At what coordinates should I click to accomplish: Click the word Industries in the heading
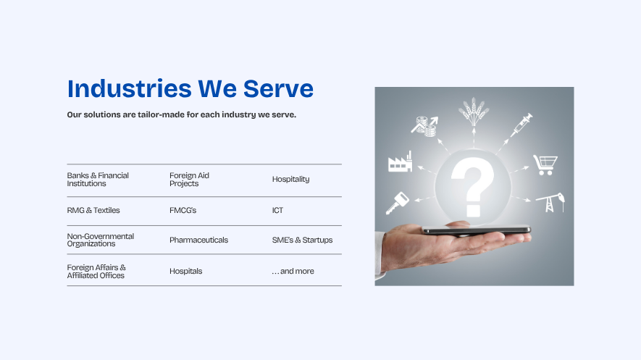point(129,88)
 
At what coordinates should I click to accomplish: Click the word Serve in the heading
point(278,88)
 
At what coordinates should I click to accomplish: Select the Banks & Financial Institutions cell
point(98,180)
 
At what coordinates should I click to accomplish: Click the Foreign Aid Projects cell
point(189,180)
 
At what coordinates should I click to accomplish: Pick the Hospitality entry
point(290,180)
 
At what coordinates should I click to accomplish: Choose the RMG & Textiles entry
point(93,211)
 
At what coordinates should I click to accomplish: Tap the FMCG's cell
point(183,211)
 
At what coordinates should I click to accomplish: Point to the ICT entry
point(277,211)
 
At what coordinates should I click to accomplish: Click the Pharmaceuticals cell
point(198,240)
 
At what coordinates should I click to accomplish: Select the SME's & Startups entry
point(302,240)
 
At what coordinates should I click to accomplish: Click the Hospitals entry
point(185,271)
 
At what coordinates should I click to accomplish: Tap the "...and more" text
point(293,271)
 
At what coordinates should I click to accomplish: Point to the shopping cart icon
point(545,164)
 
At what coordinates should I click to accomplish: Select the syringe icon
point(521,125)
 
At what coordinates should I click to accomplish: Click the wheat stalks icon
point(474,112)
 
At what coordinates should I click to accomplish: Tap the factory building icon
point(400,162)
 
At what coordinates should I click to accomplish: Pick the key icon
point(397,203)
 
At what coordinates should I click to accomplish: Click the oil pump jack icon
point(550,203)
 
